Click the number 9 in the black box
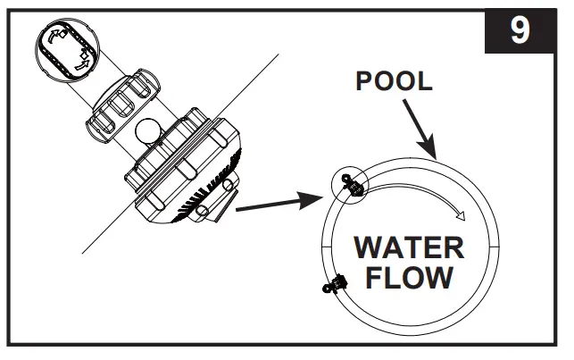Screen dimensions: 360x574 pyautogui.click(x=519, y=30)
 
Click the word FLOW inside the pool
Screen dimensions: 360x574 pyautogui.click(x=410, y=277)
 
